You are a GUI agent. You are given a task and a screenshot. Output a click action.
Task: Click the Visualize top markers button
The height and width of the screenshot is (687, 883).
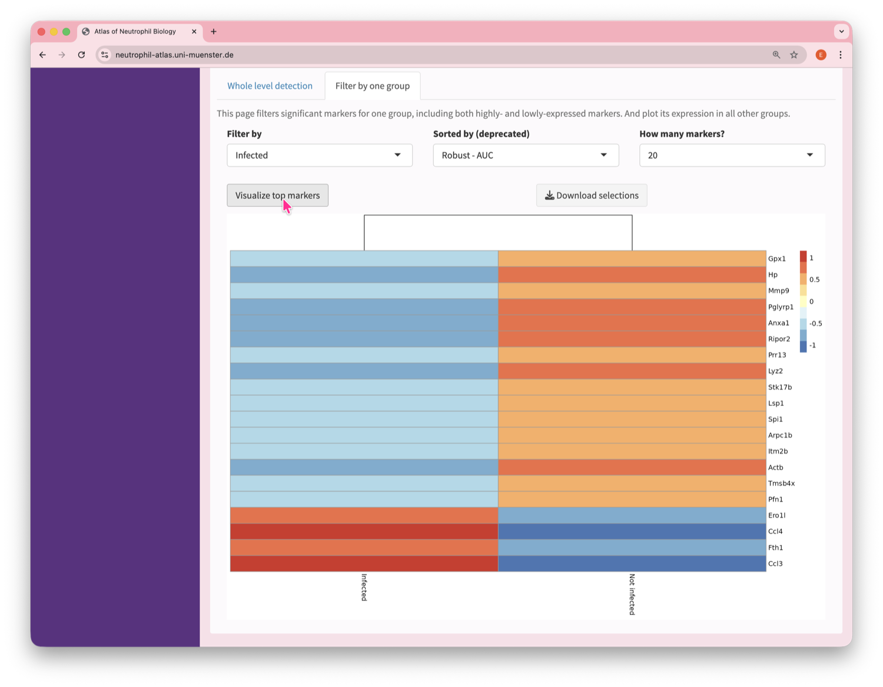pos(277,196)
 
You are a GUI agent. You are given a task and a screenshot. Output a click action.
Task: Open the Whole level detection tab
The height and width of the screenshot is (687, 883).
pos(270,86)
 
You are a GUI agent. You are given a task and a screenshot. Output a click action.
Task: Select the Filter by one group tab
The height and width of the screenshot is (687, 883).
pos(372,86)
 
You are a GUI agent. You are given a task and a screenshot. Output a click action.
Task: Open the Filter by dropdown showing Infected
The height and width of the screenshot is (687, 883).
pos(319,156)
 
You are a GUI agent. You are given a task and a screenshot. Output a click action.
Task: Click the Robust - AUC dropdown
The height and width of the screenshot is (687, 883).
pos(525,156)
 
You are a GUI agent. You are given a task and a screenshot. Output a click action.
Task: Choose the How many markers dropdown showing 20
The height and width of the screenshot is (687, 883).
pos(731,156)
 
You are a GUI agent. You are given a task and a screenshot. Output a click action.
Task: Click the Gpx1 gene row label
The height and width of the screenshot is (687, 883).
pos(776,259)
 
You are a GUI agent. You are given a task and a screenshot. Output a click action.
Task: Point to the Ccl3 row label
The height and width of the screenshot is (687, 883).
pos(775,564)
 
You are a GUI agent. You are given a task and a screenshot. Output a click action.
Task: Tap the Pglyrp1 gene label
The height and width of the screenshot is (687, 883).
pos(781,307)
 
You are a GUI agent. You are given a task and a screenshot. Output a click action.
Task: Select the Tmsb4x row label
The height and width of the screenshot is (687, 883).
pos(781,484)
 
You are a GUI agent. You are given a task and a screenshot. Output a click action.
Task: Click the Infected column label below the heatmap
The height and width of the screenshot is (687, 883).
pos(364,587)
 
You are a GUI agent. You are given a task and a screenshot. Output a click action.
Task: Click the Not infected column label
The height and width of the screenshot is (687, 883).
pos(632,594)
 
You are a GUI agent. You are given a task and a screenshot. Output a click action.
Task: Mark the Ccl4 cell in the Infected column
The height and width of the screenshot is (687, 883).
pos(364,531)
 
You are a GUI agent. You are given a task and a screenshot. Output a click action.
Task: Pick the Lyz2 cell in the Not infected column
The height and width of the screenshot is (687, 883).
pos(632,371)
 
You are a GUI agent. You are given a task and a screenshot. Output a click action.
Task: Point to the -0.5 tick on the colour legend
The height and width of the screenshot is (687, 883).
pos(815,323)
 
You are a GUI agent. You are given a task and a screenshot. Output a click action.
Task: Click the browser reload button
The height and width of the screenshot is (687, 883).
pos(81,55)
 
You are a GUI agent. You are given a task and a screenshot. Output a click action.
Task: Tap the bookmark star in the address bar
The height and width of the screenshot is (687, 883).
pos(794,55)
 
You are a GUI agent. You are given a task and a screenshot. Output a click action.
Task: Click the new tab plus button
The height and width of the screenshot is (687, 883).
pos(214,32)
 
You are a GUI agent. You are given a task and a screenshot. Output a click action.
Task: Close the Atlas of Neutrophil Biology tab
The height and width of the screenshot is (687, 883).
pos(194,32)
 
